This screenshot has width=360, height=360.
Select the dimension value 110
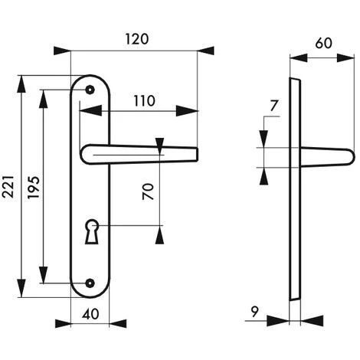[x=141, y=100]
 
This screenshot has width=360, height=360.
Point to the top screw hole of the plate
[x=91, y=90]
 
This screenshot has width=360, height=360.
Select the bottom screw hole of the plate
[x=91, y=283]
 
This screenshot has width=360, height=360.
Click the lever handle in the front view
[x=138, y=154]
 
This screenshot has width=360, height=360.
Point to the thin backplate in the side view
[x=294, y=191]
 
